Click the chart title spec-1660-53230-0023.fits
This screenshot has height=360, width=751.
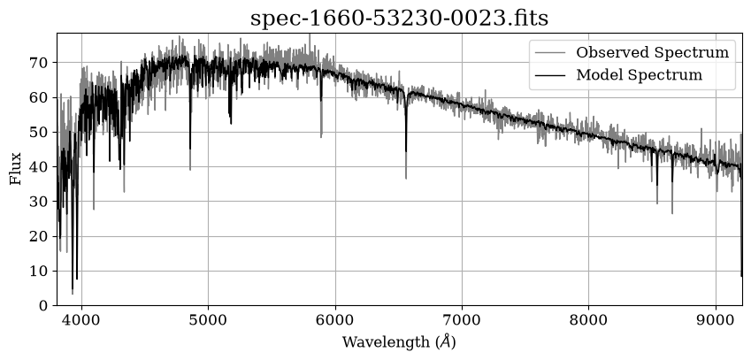pos(399,19)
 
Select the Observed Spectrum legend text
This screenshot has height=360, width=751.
pos(652,52)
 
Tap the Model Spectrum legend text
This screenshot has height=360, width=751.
pos(639,74)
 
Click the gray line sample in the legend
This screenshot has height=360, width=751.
pos(550,52)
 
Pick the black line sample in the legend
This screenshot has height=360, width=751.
pos(550,74)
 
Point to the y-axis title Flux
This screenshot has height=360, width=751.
pos(16,169)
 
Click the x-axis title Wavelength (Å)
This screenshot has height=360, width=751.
pos(399,342)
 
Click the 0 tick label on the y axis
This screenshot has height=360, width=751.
pos(44,305)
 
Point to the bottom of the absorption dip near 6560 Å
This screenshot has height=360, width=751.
pos(406,179)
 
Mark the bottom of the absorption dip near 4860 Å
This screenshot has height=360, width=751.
pos(190,170)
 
